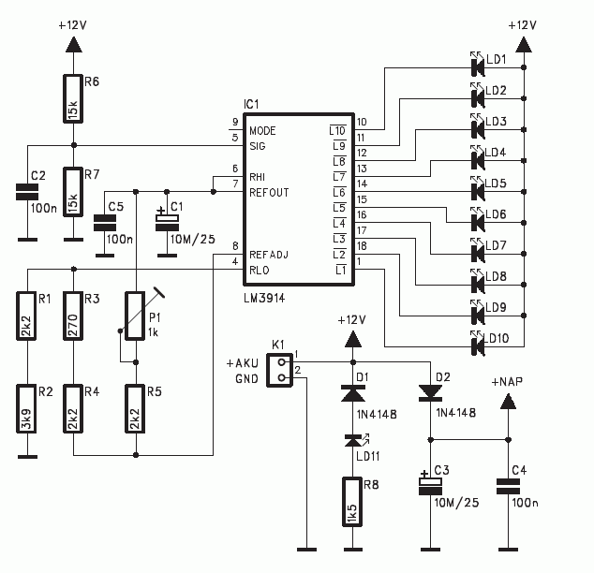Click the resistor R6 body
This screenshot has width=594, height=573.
[x=73, y=99]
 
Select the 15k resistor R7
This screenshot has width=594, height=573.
[x=73, y=192]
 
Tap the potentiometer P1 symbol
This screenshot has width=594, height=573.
[x=136, y=316]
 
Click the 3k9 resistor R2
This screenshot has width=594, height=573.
[x=26, y=409]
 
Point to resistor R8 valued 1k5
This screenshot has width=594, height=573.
[x=352, y=502]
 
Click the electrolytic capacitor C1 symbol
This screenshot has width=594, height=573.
[x=167, y=223]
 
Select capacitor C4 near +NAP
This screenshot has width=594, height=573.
[x=508, y=486]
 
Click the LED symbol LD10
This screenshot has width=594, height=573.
[x=477, y=344]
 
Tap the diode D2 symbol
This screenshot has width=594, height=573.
[x=430, y=393]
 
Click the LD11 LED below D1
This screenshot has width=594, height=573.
[x=354, y=441]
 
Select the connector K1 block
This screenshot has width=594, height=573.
[x=280, y=370]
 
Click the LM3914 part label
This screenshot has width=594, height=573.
[x=264, y=299]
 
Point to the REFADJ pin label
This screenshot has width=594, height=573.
[x=269, y=255]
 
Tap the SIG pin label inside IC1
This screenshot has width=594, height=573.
[x=258, y=146]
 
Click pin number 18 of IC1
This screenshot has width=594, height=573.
[x=362, y=245]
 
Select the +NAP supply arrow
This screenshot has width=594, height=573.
[x=508, y=401]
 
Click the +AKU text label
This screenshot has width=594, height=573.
[x=243, y=363]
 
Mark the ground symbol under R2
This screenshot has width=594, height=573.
[x=27, y=456]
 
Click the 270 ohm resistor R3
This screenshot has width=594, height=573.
[x=73, y=316]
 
